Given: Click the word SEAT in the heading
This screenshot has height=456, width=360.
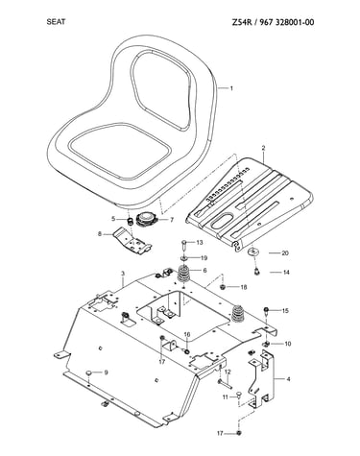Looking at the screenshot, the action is click(56, 22).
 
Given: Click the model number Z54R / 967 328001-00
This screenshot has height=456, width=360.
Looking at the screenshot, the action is click(273, 22).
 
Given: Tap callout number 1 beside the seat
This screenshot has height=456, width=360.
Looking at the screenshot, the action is click(231, 88).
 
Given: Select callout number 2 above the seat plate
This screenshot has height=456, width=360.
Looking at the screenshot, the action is click(263, 148).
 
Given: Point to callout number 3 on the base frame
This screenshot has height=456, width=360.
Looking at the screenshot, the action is click(123, 274).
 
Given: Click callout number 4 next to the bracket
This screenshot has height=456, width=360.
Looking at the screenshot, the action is click(288, 379).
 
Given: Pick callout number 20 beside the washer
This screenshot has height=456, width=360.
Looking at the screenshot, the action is click(285, 253).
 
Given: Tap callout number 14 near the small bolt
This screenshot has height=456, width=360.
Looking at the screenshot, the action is click(286, 273).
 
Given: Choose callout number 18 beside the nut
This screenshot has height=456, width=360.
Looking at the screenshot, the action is click(243, 287).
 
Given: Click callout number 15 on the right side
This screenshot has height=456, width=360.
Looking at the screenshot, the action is click(285, 311).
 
